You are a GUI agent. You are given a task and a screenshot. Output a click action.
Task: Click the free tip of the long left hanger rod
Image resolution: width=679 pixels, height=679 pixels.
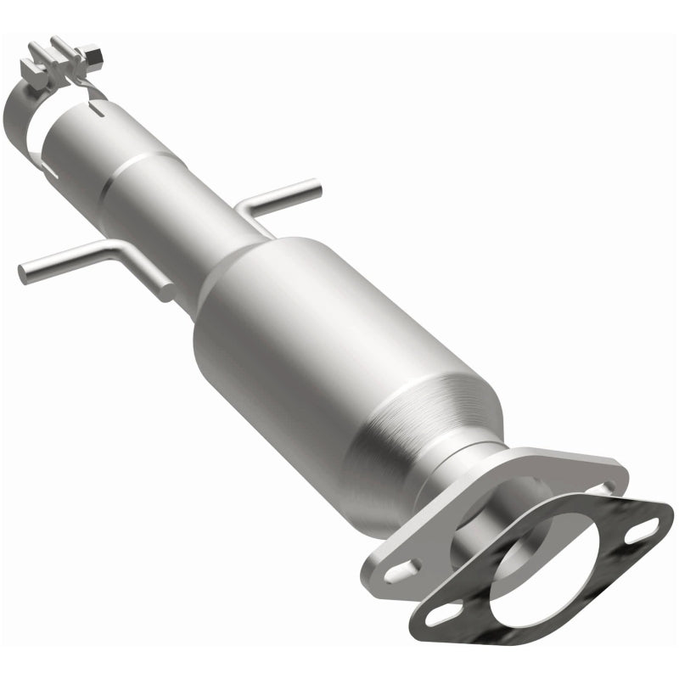coord(25,272)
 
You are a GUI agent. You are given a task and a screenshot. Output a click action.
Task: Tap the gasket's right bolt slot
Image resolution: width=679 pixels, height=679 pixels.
coord(643,531)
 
